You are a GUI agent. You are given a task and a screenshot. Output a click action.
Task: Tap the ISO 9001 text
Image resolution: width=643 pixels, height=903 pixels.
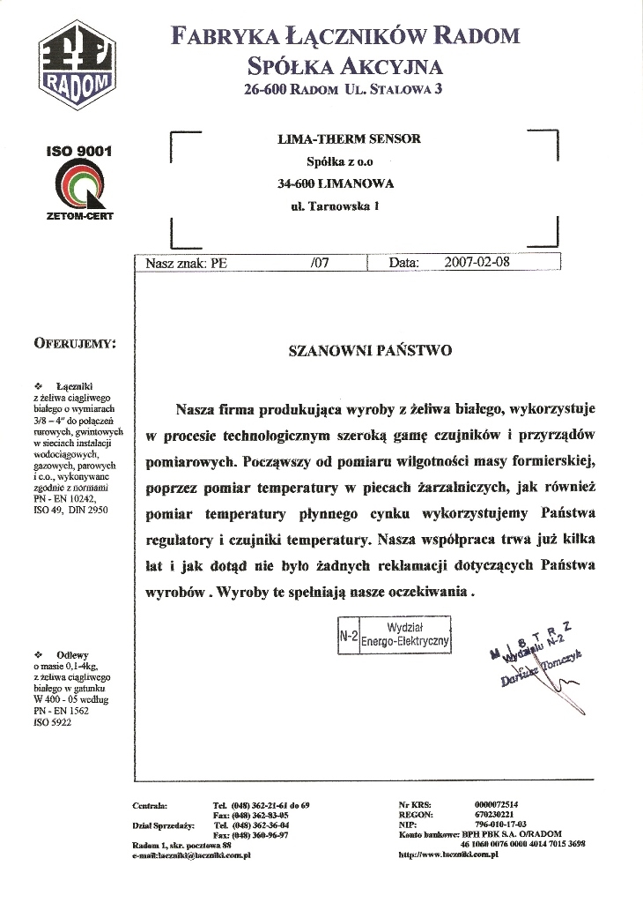pos(79,152)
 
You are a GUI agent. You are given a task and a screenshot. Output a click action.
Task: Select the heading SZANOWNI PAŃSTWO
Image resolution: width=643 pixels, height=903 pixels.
pos(370,350)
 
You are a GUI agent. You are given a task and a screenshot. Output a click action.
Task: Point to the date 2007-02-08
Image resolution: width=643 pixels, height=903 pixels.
pos(477,262)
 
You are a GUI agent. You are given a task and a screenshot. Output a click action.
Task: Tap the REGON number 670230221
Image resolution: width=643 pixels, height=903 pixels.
pos(492,814)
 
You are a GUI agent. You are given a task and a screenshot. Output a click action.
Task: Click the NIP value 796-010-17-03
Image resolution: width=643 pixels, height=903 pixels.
pos(500,824)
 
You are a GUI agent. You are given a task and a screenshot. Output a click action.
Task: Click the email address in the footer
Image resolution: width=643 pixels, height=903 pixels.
pos(192,854)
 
